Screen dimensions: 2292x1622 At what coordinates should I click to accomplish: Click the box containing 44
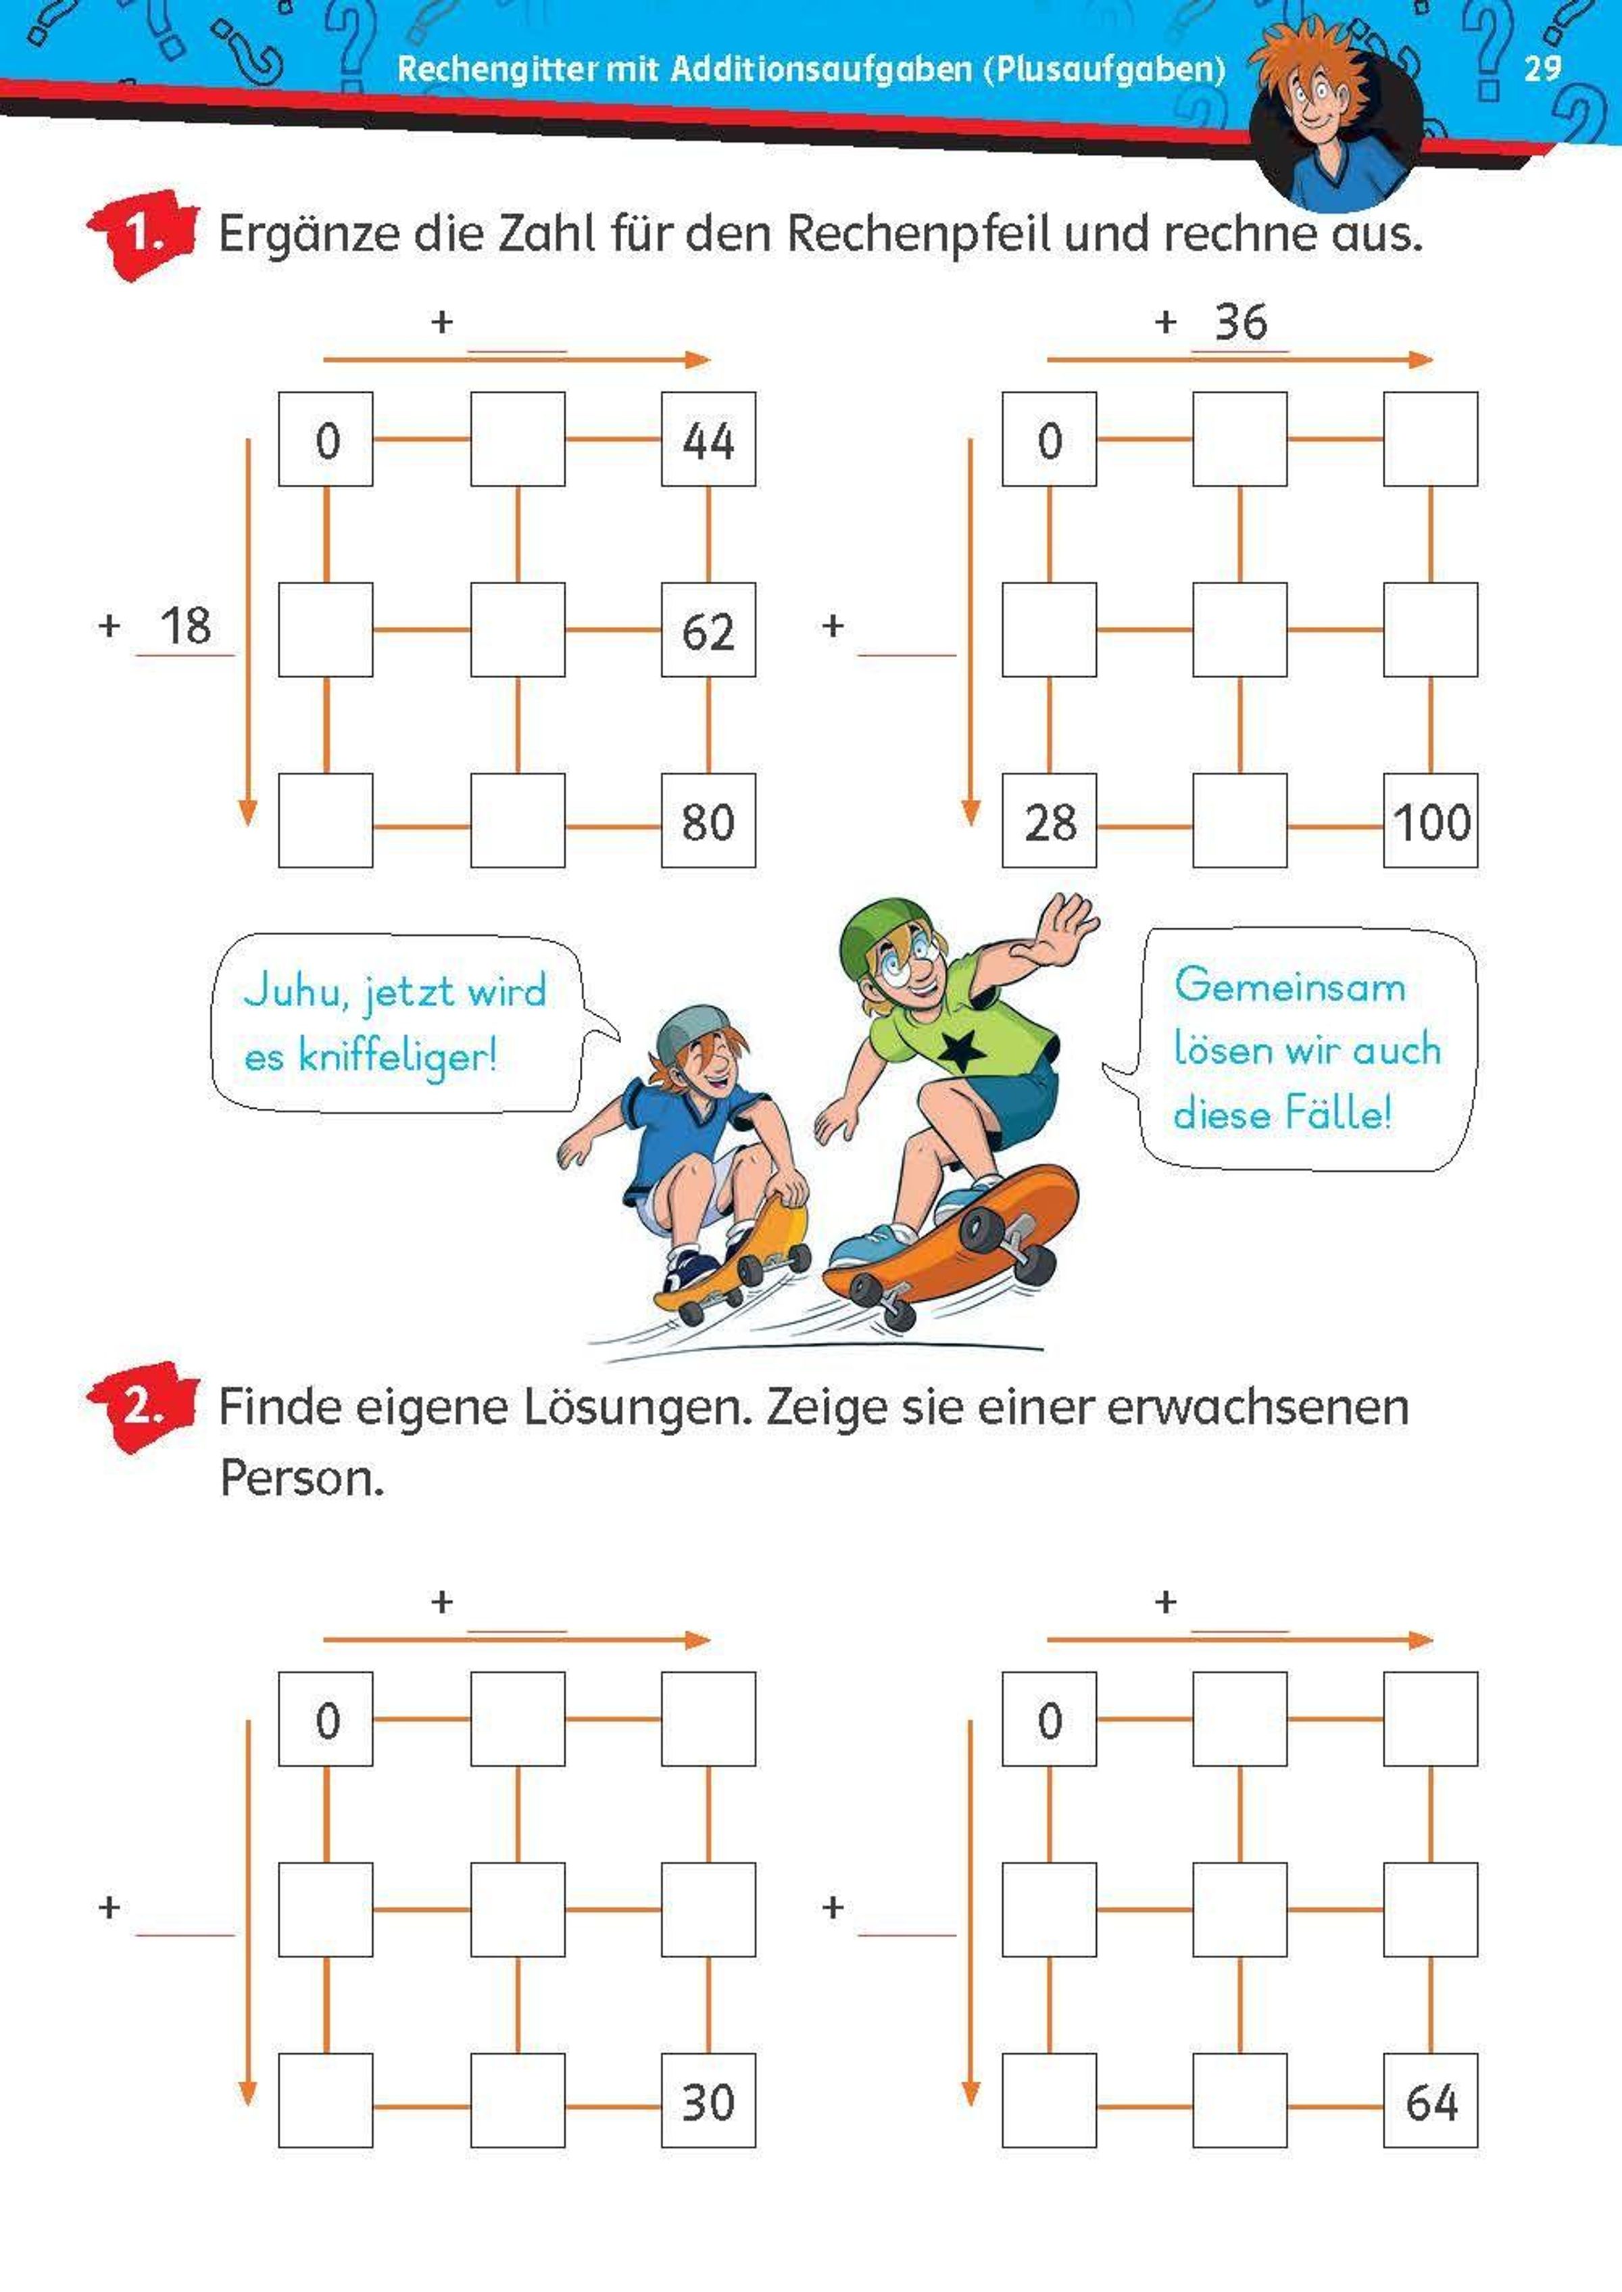(x=708, y=439)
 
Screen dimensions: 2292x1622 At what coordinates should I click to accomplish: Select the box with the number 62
(x=708, y=630)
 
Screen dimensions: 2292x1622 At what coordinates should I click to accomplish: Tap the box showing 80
(x=708, y=821)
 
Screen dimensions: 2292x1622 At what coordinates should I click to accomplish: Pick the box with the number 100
(x=1430, y=821)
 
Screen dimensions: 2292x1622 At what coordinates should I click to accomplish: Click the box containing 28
(x=1050, y=821)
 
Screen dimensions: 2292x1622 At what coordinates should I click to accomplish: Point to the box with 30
(x=708, y=2101)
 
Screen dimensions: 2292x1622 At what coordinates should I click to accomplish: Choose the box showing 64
(x=1430, y=2101)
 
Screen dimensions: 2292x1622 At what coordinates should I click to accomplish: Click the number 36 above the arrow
(x=1240, y=323)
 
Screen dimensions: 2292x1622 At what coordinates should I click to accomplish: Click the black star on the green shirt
(x=960, y=1050)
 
